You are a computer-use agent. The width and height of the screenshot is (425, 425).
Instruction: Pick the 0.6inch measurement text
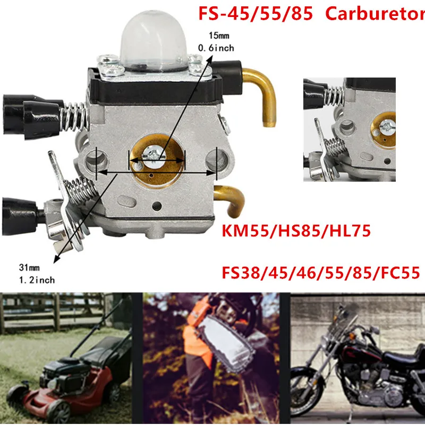(215, 48)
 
